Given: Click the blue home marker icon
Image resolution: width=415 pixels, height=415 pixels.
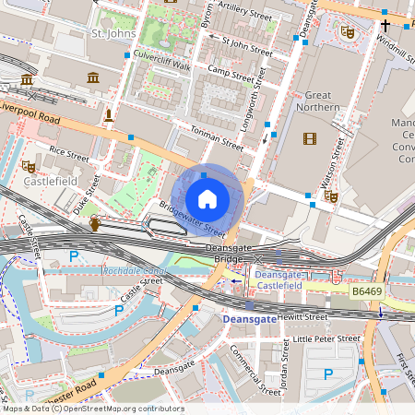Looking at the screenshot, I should pyautogui.click(x=207, y=199).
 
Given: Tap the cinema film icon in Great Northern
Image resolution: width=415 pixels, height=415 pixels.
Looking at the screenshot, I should pyautogui.click(x=308, y=138).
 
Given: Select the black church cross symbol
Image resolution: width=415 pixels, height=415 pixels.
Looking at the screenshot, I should pyautogui.click(x=385, y=27).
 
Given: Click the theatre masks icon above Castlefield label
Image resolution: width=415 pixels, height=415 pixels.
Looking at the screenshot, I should pyautogui.click(x=28, y=166).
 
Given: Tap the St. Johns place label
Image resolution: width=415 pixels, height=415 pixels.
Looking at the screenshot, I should pyautogui.click(x=114, y=33).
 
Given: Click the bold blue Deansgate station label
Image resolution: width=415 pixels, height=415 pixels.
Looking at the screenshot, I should pyautogui.click(x=250, y=319).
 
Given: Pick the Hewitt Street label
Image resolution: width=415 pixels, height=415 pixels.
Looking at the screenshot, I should pyautogui.click(x=301, y=316).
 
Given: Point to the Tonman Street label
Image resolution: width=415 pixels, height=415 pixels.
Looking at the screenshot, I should pyautogui.click(x=216, y=139).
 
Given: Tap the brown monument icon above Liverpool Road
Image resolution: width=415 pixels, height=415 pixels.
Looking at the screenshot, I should pyautogui.click(x=109, y=114).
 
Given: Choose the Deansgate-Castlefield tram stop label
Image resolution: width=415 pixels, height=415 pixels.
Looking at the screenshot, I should pyautogui.click(x=282, y=281).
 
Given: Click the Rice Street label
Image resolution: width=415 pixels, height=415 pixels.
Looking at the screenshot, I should pyautogui.click(x=69, y=153).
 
